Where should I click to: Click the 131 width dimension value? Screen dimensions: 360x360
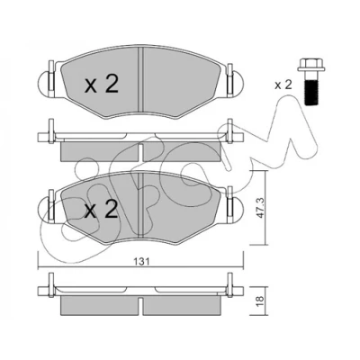pos(141,261)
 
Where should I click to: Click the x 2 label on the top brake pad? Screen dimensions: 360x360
pos(102,84)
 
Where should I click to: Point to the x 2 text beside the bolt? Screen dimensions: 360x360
pos(283,85)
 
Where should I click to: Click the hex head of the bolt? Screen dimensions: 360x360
pos(311,67)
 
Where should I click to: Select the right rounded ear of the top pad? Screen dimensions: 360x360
pos(238,83)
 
